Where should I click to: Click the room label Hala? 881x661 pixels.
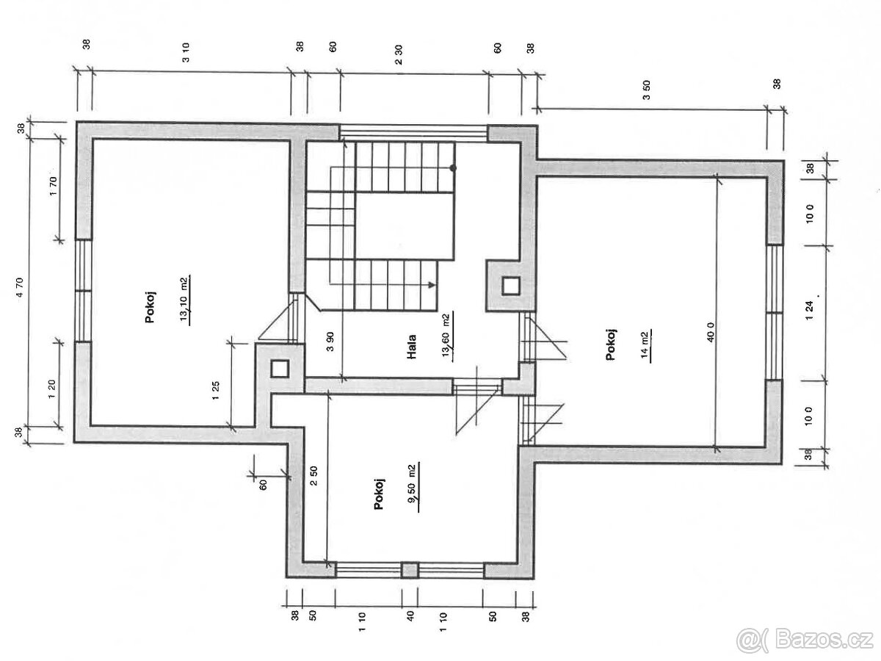pyautogui.click(x=410, y=347)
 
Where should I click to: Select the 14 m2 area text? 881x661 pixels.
pyautogui.click(x=645, y=345)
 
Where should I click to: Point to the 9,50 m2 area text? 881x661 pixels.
pyautogui.click(x=412, y=487)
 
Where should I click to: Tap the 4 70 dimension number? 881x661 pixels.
pyautogui.click(x=21, y=288)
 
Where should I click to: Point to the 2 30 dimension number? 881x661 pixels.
pyautogui.click(x=398, y=55)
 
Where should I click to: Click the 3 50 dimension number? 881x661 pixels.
pyautogui.click(x=646, y=90)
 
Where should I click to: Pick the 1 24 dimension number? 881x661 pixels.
pyautogui.click(x=810, y=311)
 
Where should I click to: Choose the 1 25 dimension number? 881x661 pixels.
pyautogui.click(x=216, y=391)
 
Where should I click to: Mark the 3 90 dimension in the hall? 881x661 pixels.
pyautogui.click(x=330, y=342)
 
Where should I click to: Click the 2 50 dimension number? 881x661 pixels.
pyautogui.click(x=314, y=476)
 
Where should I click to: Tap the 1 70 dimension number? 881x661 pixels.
pyautogui.click(x=54, y=186)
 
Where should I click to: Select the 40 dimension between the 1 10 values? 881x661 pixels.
pyautogui.click(x=410, y=616)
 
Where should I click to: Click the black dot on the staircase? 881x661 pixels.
pyautogui.click(x=453, y=168)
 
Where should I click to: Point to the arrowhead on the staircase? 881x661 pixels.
pyautogui.click(x=432, y=284)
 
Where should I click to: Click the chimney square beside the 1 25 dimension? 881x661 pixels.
pyautogui.click(x=280, y=369)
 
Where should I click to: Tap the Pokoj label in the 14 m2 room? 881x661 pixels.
pyautogui.click(x=611, y=344)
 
